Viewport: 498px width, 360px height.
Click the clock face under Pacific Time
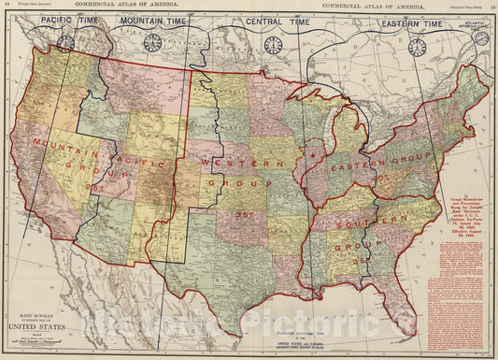[65, 42]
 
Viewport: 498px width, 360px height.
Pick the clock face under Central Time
[273, 45]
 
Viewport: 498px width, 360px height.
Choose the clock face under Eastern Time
[417, 47]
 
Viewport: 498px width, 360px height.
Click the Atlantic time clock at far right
[482, 40]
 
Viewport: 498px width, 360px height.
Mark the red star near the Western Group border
[315, 152]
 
